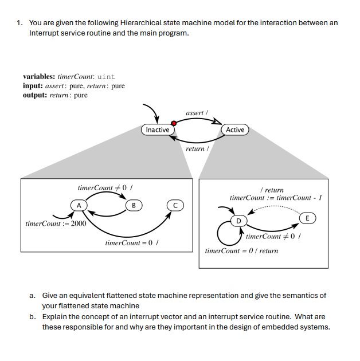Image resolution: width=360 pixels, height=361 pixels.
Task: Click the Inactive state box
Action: [158, 130]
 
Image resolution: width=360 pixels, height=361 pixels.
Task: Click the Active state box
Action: [235, 130]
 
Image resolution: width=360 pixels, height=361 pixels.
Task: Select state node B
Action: [133, 205]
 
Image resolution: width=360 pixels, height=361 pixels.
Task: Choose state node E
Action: [308, 218]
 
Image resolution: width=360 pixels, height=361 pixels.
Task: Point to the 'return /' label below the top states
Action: [196, 148]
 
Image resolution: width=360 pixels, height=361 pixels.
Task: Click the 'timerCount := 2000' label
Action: [56, 223]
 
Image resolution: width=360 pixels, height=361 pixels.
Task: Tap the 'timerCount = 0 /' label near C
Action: [131, 243]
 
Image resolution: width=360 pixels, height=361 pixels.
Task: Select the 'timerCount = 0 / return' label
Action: [241, 251]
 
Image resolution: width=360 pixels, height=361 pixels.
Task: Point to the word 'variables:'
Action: [40, 77]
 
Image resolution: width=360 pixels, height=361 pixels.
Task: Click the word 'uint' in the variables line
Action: [107, 77]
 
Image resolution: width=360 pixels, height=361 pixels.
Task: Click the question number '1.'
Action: [20, 23]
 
